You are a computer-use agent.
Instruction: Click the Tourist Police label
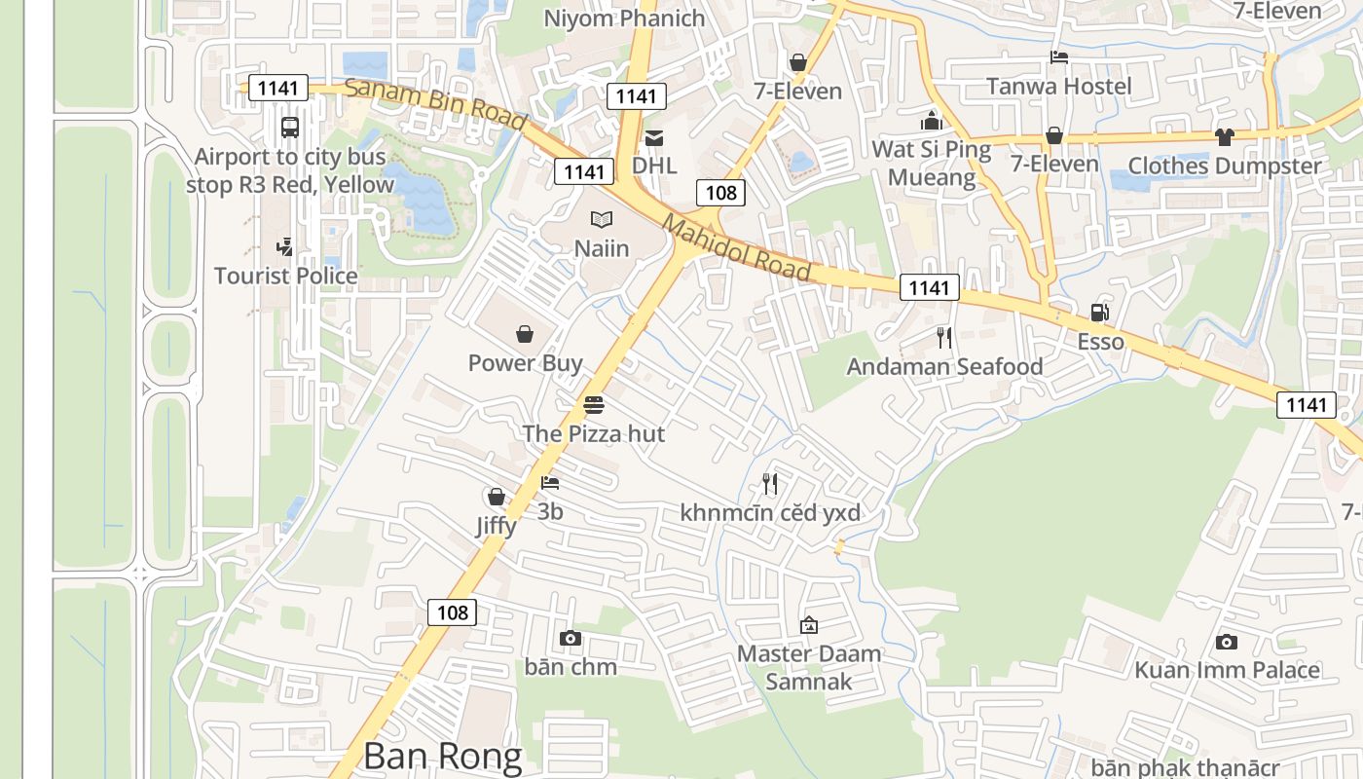[x=286, y=276]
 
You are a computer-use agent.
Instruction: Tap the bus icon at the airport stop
[x=289, y=127]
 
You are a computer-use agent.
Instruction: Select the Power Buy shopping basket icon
[x=525, y=335]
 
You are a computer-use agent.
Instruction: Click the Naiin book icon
[x=602, y=220]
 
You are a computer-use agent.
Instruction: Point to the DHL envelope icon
[x=654, y=138]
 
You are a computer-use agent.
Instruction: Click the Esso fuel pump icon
[x=1099, y=313]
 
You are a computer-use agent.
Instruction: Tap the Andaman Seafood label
[x=944, y=366]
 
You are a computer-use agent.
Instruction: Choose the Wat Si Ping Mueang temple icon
[x=932, y=122]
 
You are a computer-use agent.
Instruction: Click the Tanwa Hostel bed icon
[x=1059, y=57]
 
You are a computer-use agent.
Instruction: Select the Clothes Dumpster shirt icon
[x=1224, y=137]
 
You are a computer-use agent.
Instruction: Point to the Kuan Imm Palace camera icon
[x=1227, y=642]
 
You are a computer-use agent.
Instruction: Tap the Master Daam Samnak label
[x=809, y=667]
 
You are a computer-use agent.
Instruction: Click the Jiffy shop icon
[x=496, y=498]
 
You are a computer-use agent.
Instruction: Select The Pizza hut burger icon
[x=594, y=405]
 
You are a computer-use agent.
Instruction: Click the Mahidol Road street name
[x=737, y=248]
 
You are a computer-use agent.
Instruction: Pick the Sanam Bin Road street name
[x=435, y=103]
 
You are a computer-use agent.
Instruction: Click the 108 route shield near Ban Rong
[x=453, y=612]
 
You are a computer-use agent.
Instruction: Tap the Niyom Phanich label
[x=624, y=18]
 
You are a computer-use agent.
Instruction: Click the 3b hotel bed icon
[x=550, y=482]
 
